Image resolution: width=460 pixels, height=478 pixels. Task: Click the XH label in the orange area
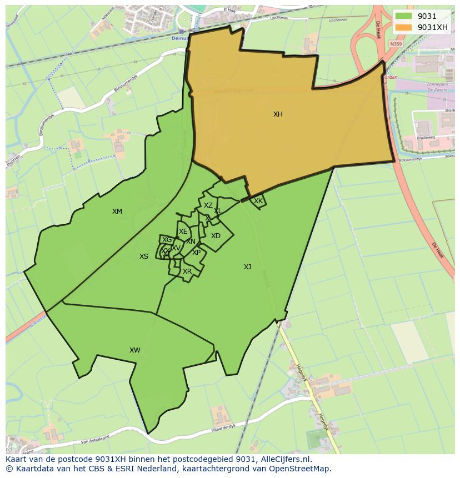click(x=278, y=114)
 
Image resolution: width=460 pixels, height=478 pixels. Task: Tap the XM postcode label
click(x=117, y=212)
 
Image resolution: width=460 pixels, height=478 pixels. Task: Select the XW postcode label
click(x=134, y=350)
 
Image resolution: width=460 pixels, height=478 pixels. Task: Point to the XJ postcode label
click(x=247, y=267)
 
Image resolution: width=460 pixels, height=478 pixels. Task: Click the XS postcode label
click(x=144, y=256)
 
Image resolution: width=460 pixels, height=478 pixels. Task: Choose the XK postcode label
click(x=258, y=201)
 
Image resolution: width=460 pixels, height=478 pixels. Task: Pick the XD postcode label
click(x=216, y=236)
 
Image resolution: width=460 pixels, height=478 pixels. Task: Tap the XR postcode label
click(x=187, y=271)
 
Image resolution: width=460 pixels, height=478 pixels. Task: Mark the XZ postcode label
click(x=208, y=205)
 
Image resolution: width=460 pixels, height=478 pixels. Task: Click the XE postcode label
click(x=183, y=232)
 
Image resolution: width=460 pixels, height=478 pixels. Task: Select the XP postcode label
click(x=196, y=253)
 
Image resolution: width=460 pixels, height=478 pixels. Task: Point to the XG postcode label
click(x=167, y=240)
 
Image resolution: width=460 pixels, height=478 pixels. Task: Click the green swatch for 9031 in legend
click(x=404, y=17)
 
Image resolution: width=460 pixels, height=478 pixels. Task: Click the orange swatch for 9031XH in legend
click(x=404, y=27)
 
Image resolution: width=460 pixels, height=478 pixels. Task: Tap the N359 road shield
click(x=396, y=44)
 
